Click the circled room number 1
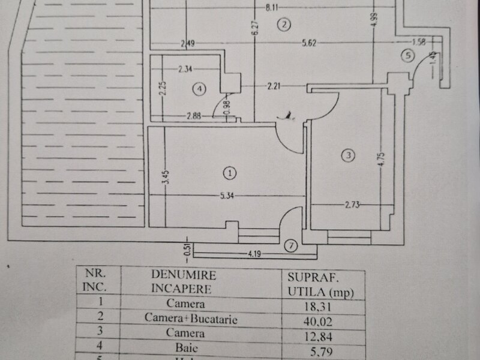tap(229, 173)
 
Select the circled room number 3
tap(348, 156)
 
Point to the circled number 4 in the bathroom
tap(200, 89)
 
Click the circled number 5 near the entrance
tap(409, 56)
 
